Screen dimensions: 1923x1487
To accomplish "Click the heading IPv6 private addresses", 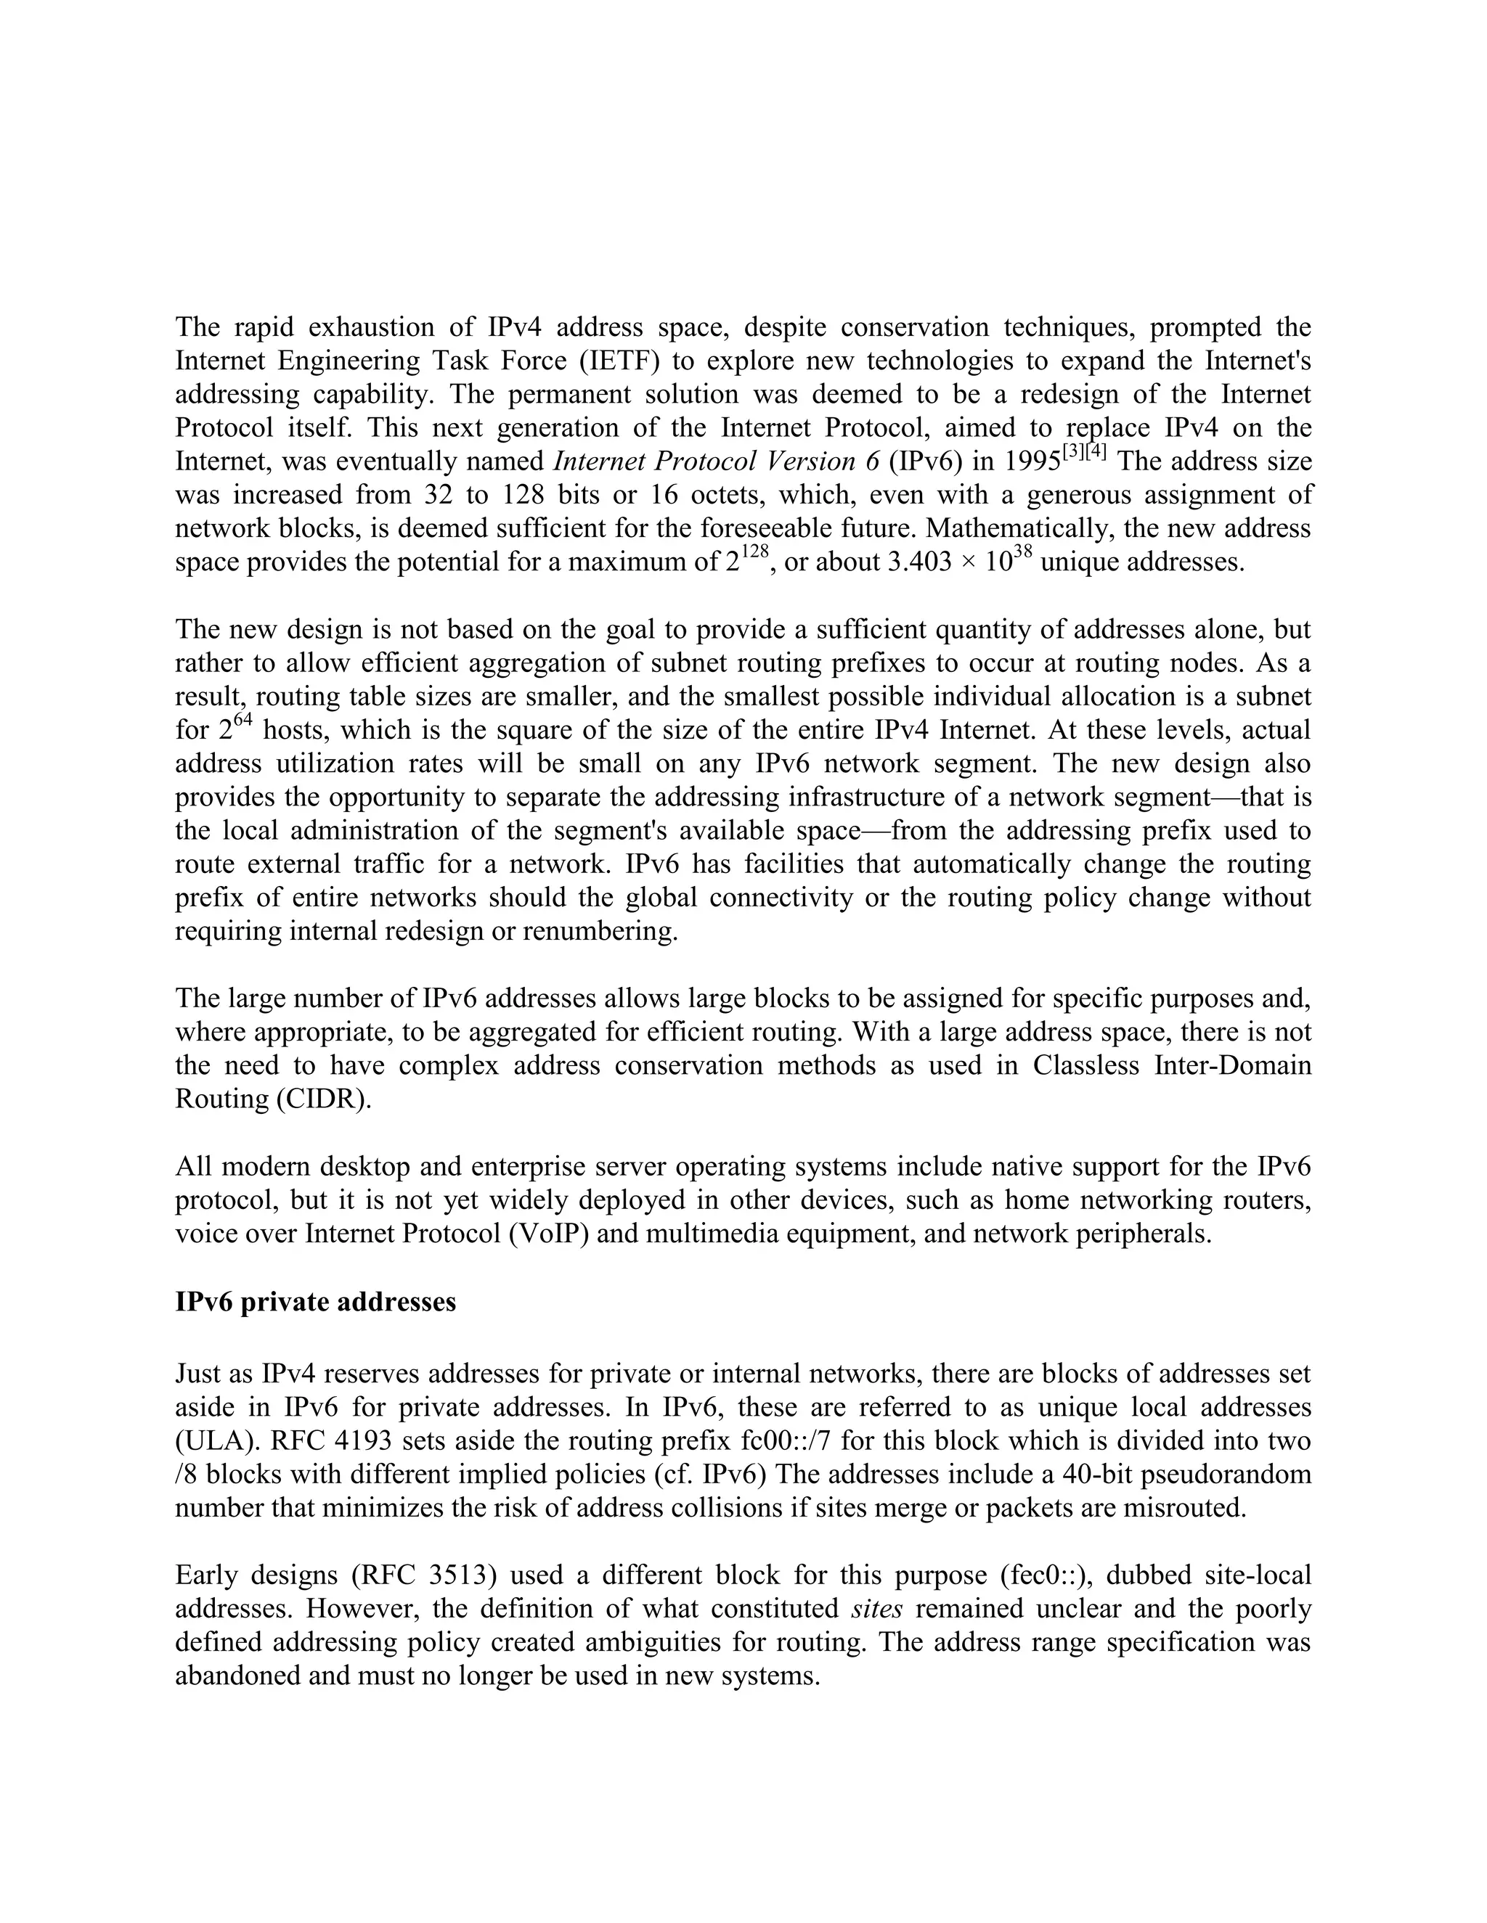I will pos(315,1301).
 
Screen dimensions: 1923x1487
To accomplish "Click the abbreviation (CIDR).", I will pos(323,1099).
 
